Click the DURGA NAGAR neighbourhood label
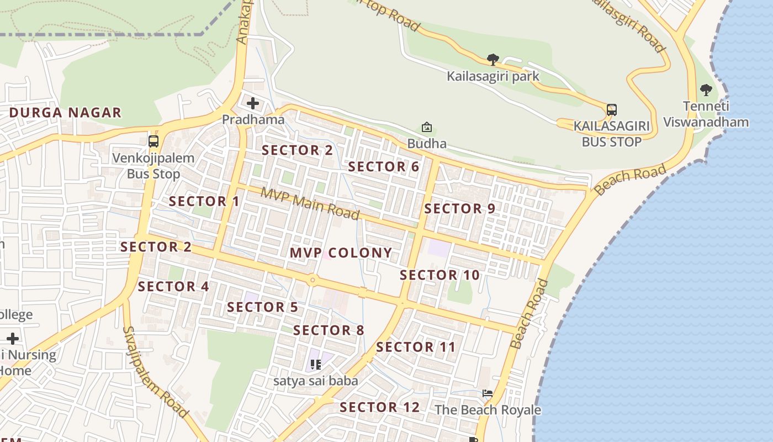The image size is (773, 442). coord(65,113)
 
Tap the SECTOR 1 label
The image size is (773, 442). coord(204,202)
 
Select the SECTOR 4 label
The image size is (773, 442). coord(173,287)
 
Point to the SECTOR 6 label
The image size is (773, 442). coord(384,167)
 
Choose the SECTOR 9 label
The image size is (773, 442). coord(459,209)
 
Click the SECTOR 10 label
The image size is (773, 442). coord(440,275)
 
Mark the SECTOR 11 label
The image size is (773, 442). coord(416,348)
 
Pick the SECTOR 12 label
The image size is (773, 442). coord(380,408)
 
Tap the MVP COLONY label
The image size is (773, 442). coord(341,253)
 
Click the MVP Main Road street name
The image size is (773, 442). coord(310,203)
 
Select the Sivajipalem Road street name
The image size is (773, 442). coord(155,371)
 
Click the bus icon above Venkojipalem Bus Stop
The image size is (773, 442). coord(153,141)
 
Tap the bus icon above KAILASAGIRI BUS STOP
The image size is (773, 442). coord(611,109)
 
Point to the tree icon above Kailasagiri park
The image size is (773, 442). coord(493,59)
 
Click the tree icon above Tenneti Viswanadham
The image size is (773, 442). coord(706,90)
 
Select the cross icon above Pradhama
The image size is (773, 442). coord(253,103)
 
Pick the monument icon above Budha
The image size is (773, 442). coord(426,128)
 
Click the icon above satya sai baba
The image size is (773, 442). coord(316,365)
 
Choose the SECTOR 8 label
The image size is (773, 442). coord(329,331)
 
